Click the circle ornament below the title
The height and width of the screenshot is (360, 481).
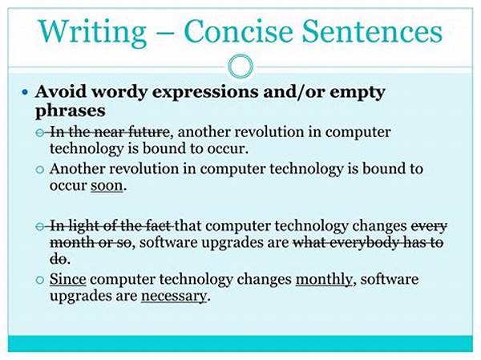point(240,66)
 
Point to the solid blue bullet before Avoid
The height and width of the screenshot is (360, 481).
point(25,91)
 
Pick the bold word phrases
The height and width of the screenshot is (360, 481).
point(71,111)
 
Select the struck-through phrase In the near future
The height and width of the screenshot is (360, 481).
point(109,132)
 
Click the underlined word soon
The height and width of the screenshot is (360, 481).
point(107,186)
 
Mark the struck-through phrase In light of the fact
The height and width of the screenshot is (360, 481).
point(111,226)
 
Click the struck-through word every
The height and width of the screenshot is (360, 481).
point(429,227)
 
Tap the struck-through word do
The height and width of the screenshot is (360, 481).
point(58,259)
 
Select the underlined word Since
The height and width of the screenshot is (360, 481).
point(68,279)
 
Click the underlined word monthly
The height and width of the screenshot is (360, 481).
point(324,280)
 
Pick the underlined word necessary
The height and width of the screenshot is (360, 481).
point(174,297)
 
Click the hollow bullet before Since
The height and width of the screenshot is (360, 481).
point(40,280)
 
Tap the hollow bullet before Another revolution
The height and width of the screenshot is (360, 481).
point(40,169)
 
